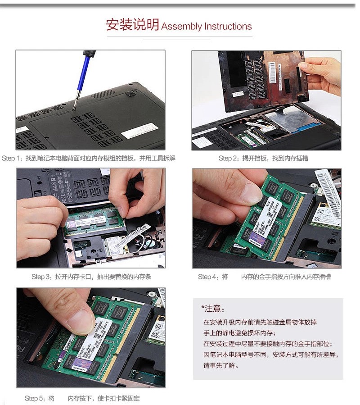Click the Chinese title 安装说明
(133, 25)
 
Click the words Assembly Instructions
(207, 26)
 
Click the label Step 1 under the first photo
(12, 158)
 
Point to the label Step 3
(41, 277)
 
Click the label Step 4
(207, 277)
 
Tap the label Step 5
(35, 398)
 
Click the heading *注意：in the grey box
(213, 309)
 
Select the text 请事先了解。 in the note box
(221, 365)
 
